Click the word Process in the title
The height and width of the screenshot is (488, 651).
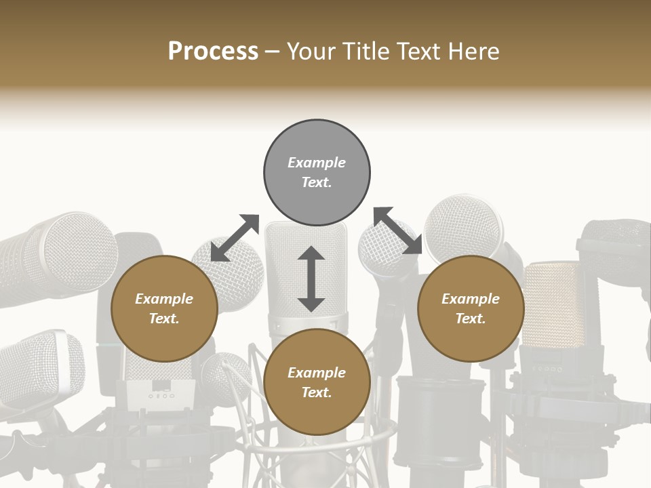(213, 52)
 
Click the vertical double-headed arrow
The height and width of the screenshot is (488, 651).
(311, 279)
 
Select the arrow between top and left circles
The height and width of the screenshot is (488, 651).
(235, 238)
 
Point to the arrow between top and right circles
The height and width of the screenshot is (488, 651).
(398, 230)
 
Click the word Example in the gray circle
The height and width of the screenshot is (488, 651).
(317, 163)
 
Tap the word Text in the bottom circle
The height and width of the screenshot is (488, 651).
(317, 392)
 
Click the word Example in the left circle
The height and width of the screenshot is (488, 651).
(164, 299)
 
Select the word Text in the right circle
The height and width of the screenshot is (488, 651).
(471, 319)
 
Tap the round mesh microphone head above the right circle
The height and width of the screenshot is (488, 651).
(465, 227)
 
